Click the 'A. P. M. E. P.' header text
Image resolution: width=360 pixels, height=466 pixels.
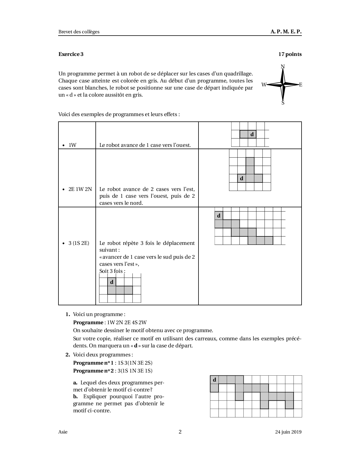click(286, 32)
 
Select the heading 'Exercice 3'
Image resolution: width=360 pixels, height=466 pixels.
click(71, 54)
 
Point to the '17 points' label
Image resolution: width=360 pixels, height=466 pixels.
click(290, 54)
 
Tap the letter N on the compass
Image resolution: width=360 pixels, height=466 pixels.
click(283, 67)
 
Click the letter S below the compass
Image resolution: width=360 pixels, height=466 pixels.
click(283, 103)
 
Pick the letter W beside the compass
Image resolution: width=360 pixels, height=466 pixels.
click(264, 84)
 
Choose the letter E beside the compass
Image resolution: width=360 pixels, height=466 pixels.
click(301, 84)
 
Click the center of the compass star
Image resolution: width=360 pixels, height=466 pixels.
click(283, 84)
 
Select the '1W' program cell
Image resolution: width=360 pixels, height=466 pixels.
click(73, 145)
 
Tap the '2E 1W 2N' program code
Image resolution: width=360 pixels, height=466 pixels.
click(80, 189)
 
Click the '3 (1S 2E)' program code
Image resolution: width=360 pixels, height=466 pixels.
click(79, 243)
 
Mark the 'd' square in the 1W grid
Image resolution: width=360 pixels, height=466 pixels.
click(252, 134)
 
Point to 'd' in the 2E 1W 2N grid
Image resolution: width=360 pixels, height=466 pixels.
click(241, 178)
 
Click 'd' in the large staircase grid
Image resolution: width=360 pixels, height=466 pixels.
click(219, 216)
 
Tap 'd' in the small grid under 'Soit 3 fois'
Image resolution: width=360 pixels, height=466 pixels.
click(112, 282)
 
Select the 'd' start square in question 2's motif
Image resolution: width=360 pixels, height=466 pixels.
click(215, 380)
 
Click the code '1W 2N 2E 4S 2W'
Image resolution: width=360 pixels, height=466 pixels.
click(127, 323)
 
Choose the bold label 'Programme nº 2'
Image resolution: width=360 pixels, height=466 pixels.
click(88, 371)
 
